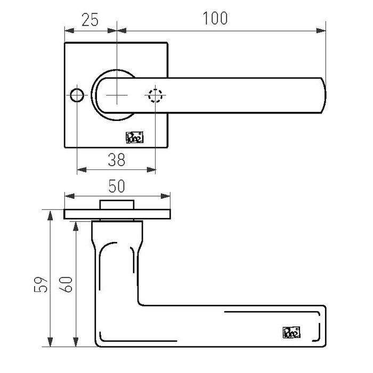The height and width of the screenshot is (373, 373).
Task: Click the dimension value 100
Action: (215, 18)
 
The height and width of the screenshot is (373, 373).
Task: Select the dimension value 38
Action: (117, 159)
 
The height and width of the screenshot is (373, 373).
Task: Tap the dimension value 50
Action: (117, 186)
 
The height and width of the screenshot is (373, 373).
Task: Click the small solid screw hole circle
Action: (77, 95)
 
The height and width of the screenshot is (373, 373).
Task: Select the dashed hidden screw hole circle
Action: (155, 95)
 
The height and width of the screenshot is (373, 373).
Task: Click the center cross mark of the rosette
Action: (117, 95)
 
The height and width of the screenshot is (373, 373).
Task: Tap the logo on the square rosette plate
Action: (132, 137)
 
